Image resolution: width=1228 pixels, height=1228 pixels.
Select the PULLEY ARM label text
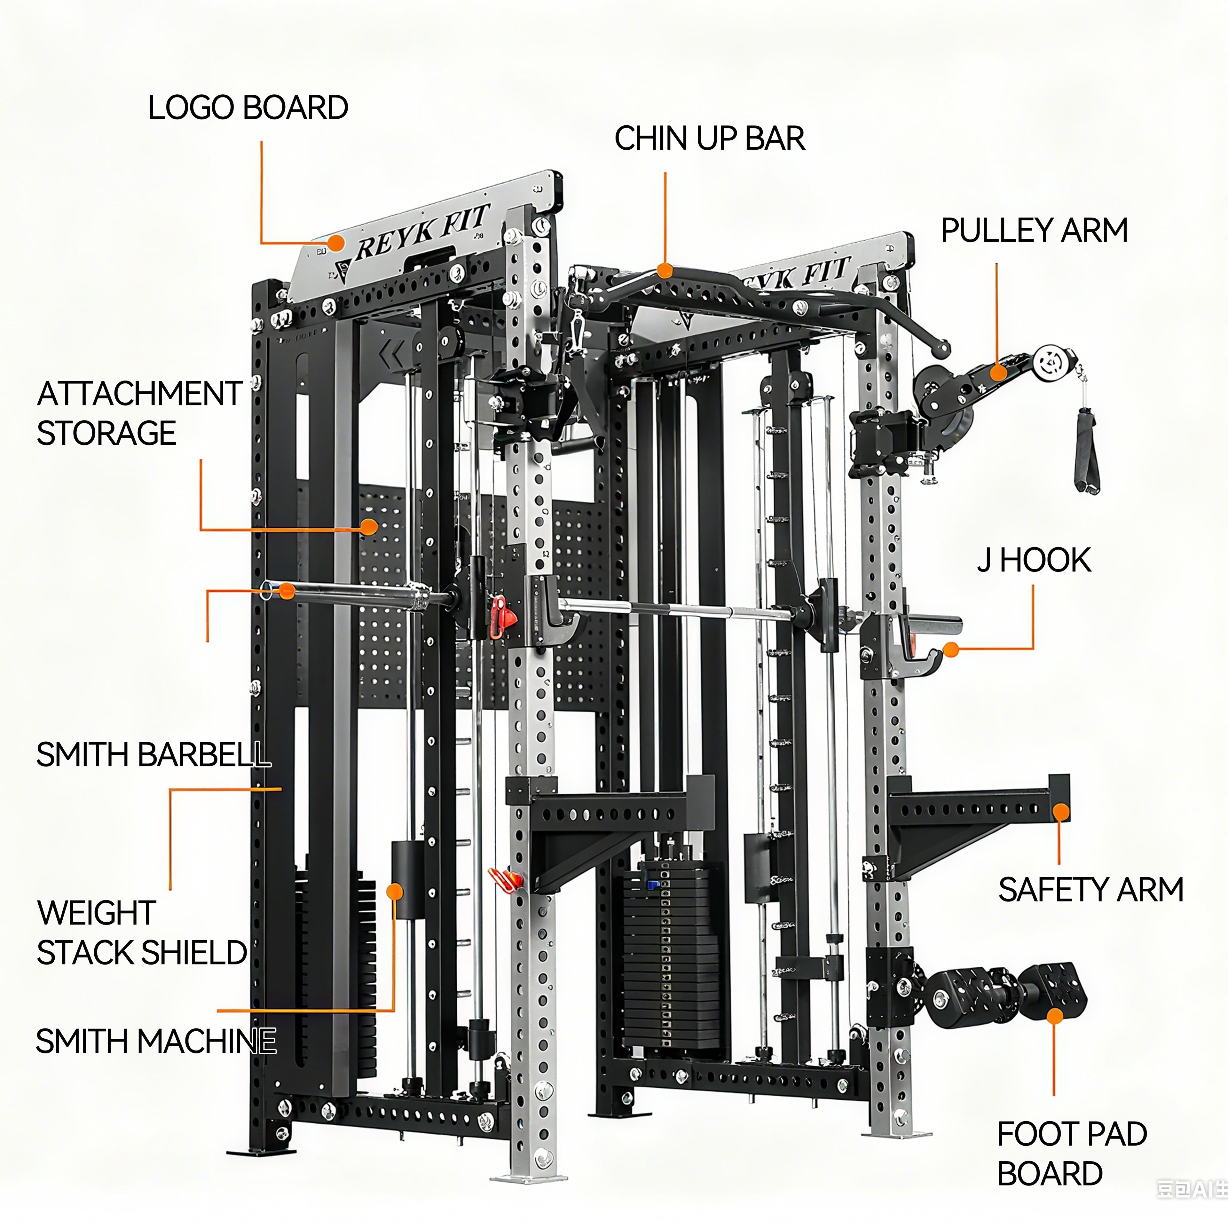(1034, 230)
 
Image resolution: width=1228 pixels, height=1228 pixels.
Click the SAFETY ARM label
(1090, 889)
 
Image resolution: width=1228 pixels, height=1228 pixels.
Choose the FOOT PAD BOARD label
(1072, 1153)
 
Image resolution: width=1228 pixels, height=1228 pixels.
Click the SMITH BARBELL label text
(153, 754)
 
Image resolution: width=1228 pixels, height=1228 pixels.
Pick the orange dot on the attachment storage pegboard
(369, 526)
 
